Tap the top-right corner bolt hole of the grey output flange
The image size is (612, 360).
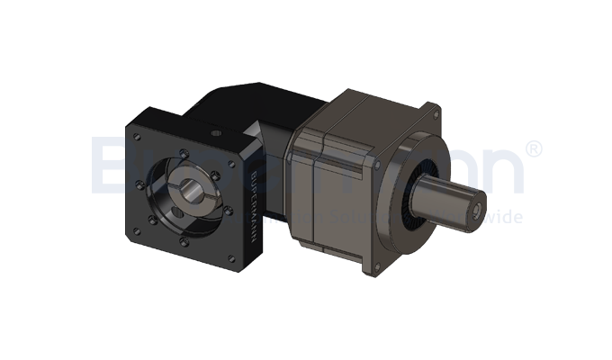coord(436,112)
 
